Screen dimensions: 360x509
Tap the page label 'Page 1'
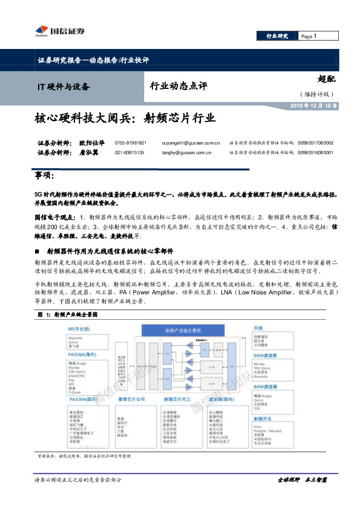click(x=309, y=36)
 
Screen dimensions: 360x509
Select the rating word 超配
click(x=326, y=79)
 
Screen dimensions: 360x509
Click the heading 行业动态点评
click(x=178, y=86)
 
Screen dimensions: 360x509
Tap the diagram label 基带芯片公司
click(x=131, y=400)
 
